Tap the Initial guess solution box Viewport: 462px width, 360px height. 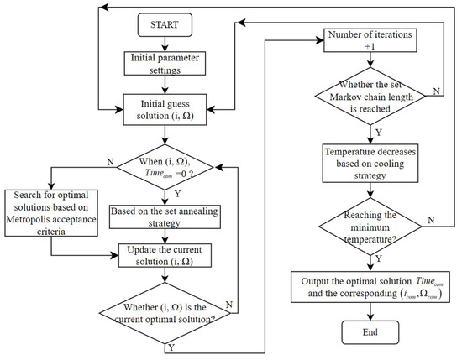[x=164, y=108]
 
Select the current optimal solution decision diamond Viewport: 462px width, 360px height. [x=164, y=312]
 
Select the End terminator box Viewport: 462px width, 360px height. [x=370, y=334]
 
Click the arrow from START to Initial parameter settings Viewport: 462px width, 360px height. [x=164, y=44]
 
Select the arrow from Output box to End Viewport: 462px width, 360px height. [x=370, y=309]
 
